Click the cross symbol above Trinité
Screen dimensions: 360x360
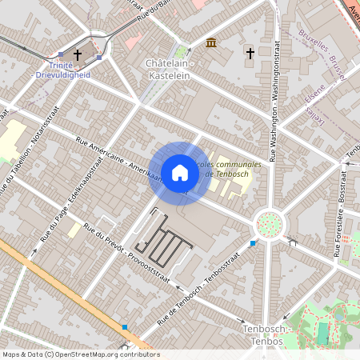point(78,54)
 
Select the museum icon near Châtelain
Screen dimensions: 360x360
point(210,42)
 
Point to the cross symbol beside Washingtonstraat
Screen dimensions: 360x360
point(250,54)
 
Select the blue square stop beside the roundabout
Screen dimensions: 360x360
point(253,242)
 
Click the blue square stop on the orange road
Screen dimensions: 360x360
point(125,326)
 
